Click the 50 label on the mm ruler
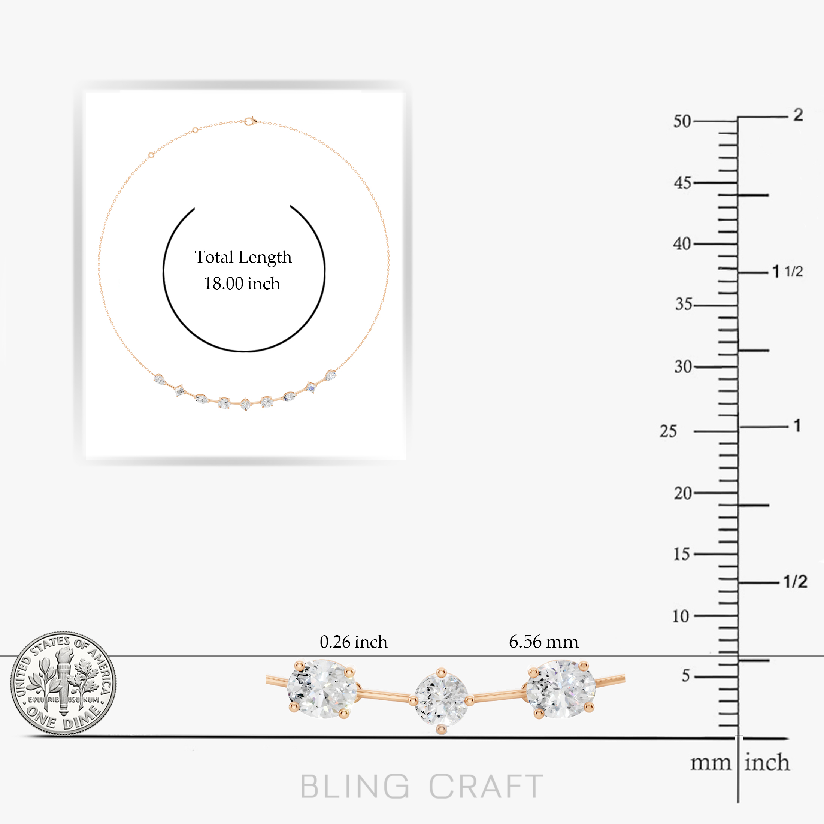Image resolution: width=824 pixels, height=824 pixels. coord(682,122)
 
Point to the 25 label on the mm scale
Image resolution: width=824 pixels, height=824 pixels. coord(668,431)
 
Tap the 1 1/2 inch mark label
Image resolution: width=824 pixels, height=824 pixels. coord(788,271)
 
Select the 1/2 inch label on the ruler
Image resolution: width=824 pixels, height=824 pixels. coord(796,581)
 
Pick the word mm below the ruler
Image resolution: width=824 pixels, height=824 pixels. coord(711,763)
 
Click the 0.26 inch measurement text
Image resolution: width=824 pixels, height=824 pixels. coord(354,642)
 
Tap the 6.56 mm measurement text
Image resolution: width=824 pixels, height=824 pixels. coord(544,642)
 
